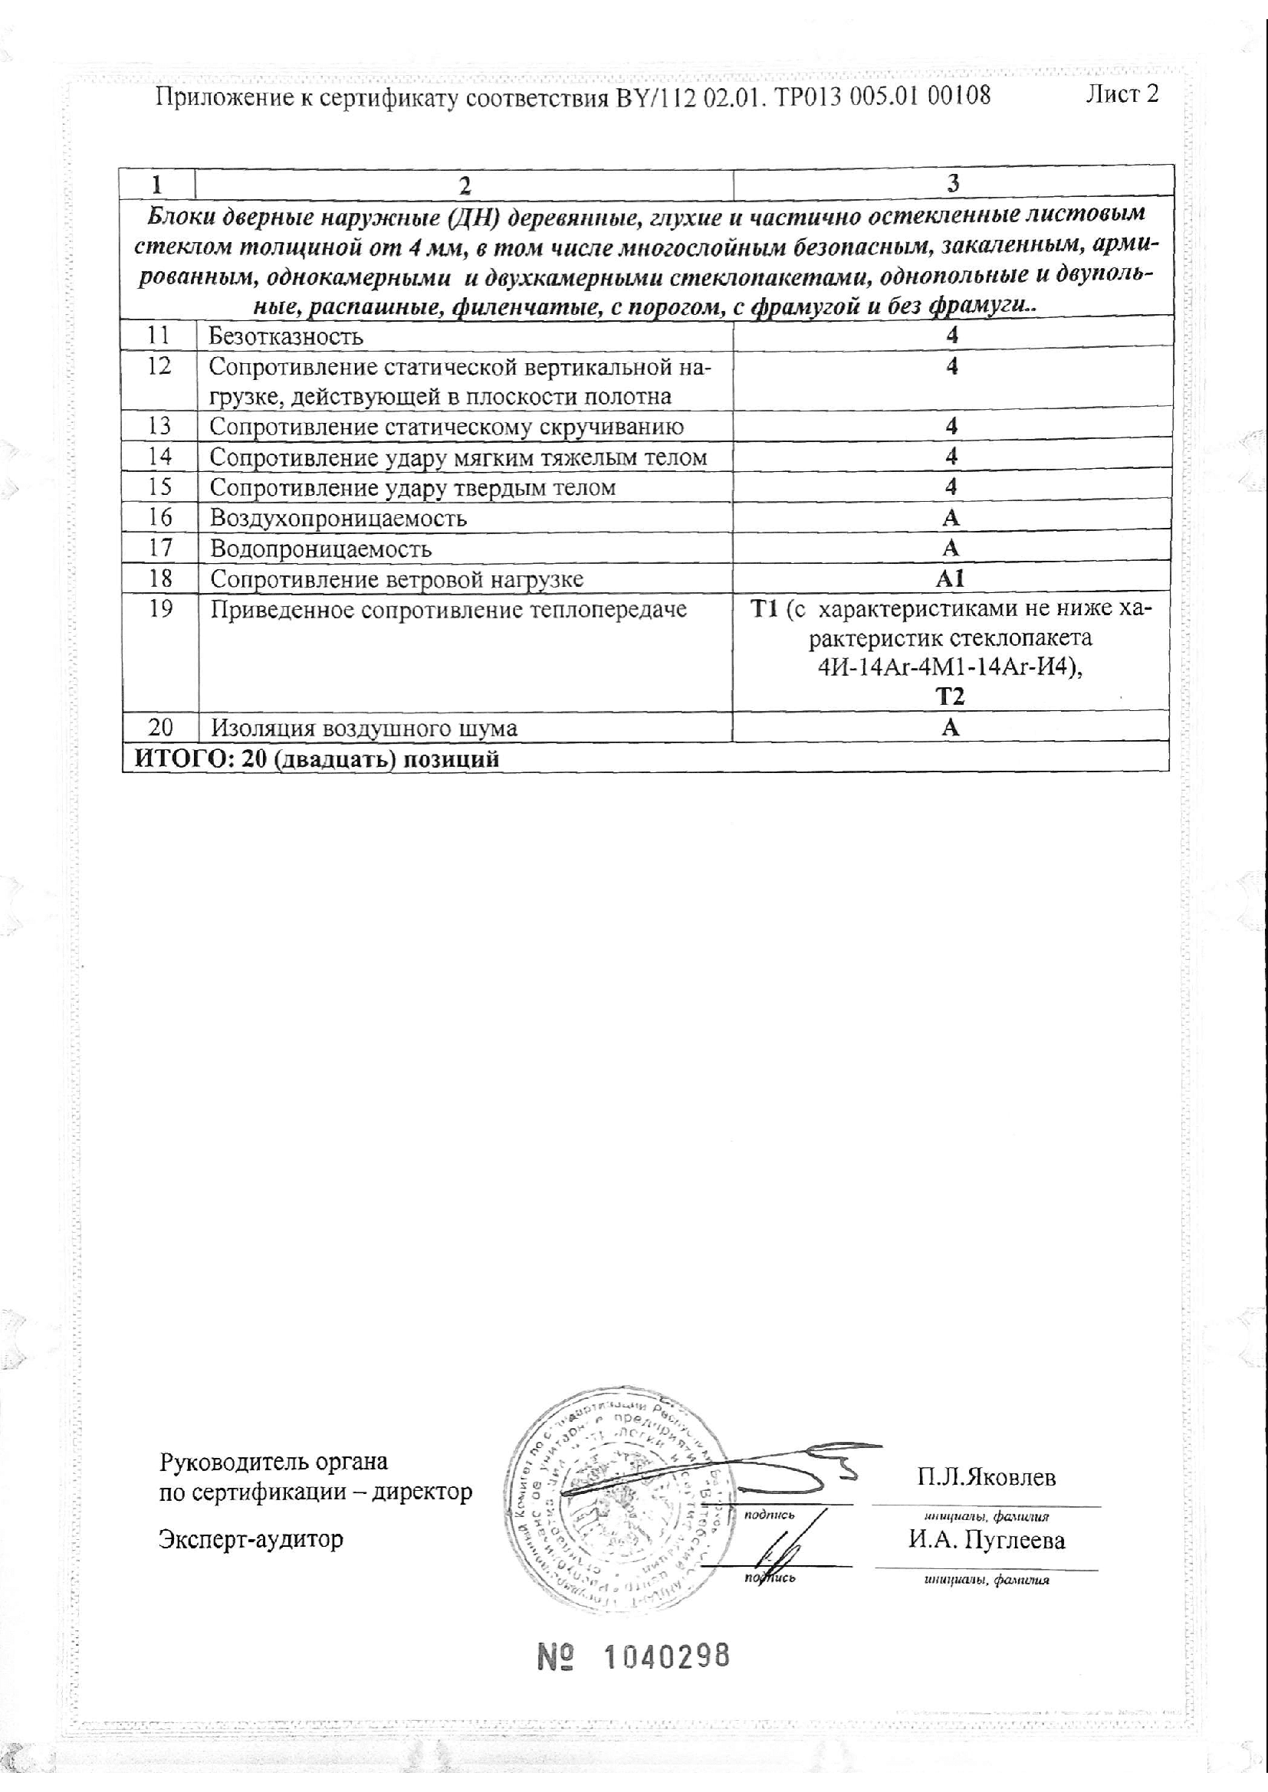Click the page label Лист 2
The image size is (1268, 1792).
(1122, 94)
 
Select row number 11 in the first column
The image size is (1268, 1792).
(159, 336)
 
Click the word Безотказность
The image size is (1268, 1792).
(286, 337)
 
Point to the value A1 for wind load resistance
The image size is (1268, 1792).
(950, 579)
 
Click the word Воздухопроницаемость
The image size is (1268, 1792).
(338, 518)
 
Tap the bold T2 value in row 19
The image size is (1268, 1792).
(950, 696)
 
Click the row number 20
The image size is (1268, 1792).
(160, 728)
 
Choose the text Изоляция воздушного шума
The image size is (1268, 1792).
(363, 729)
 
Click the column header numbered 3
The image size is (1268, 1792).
(953, 183)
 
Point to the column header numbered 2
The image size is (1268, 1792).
(465, 184)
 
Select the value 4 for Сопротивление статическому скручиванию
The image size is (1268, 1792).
(951, 427)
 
